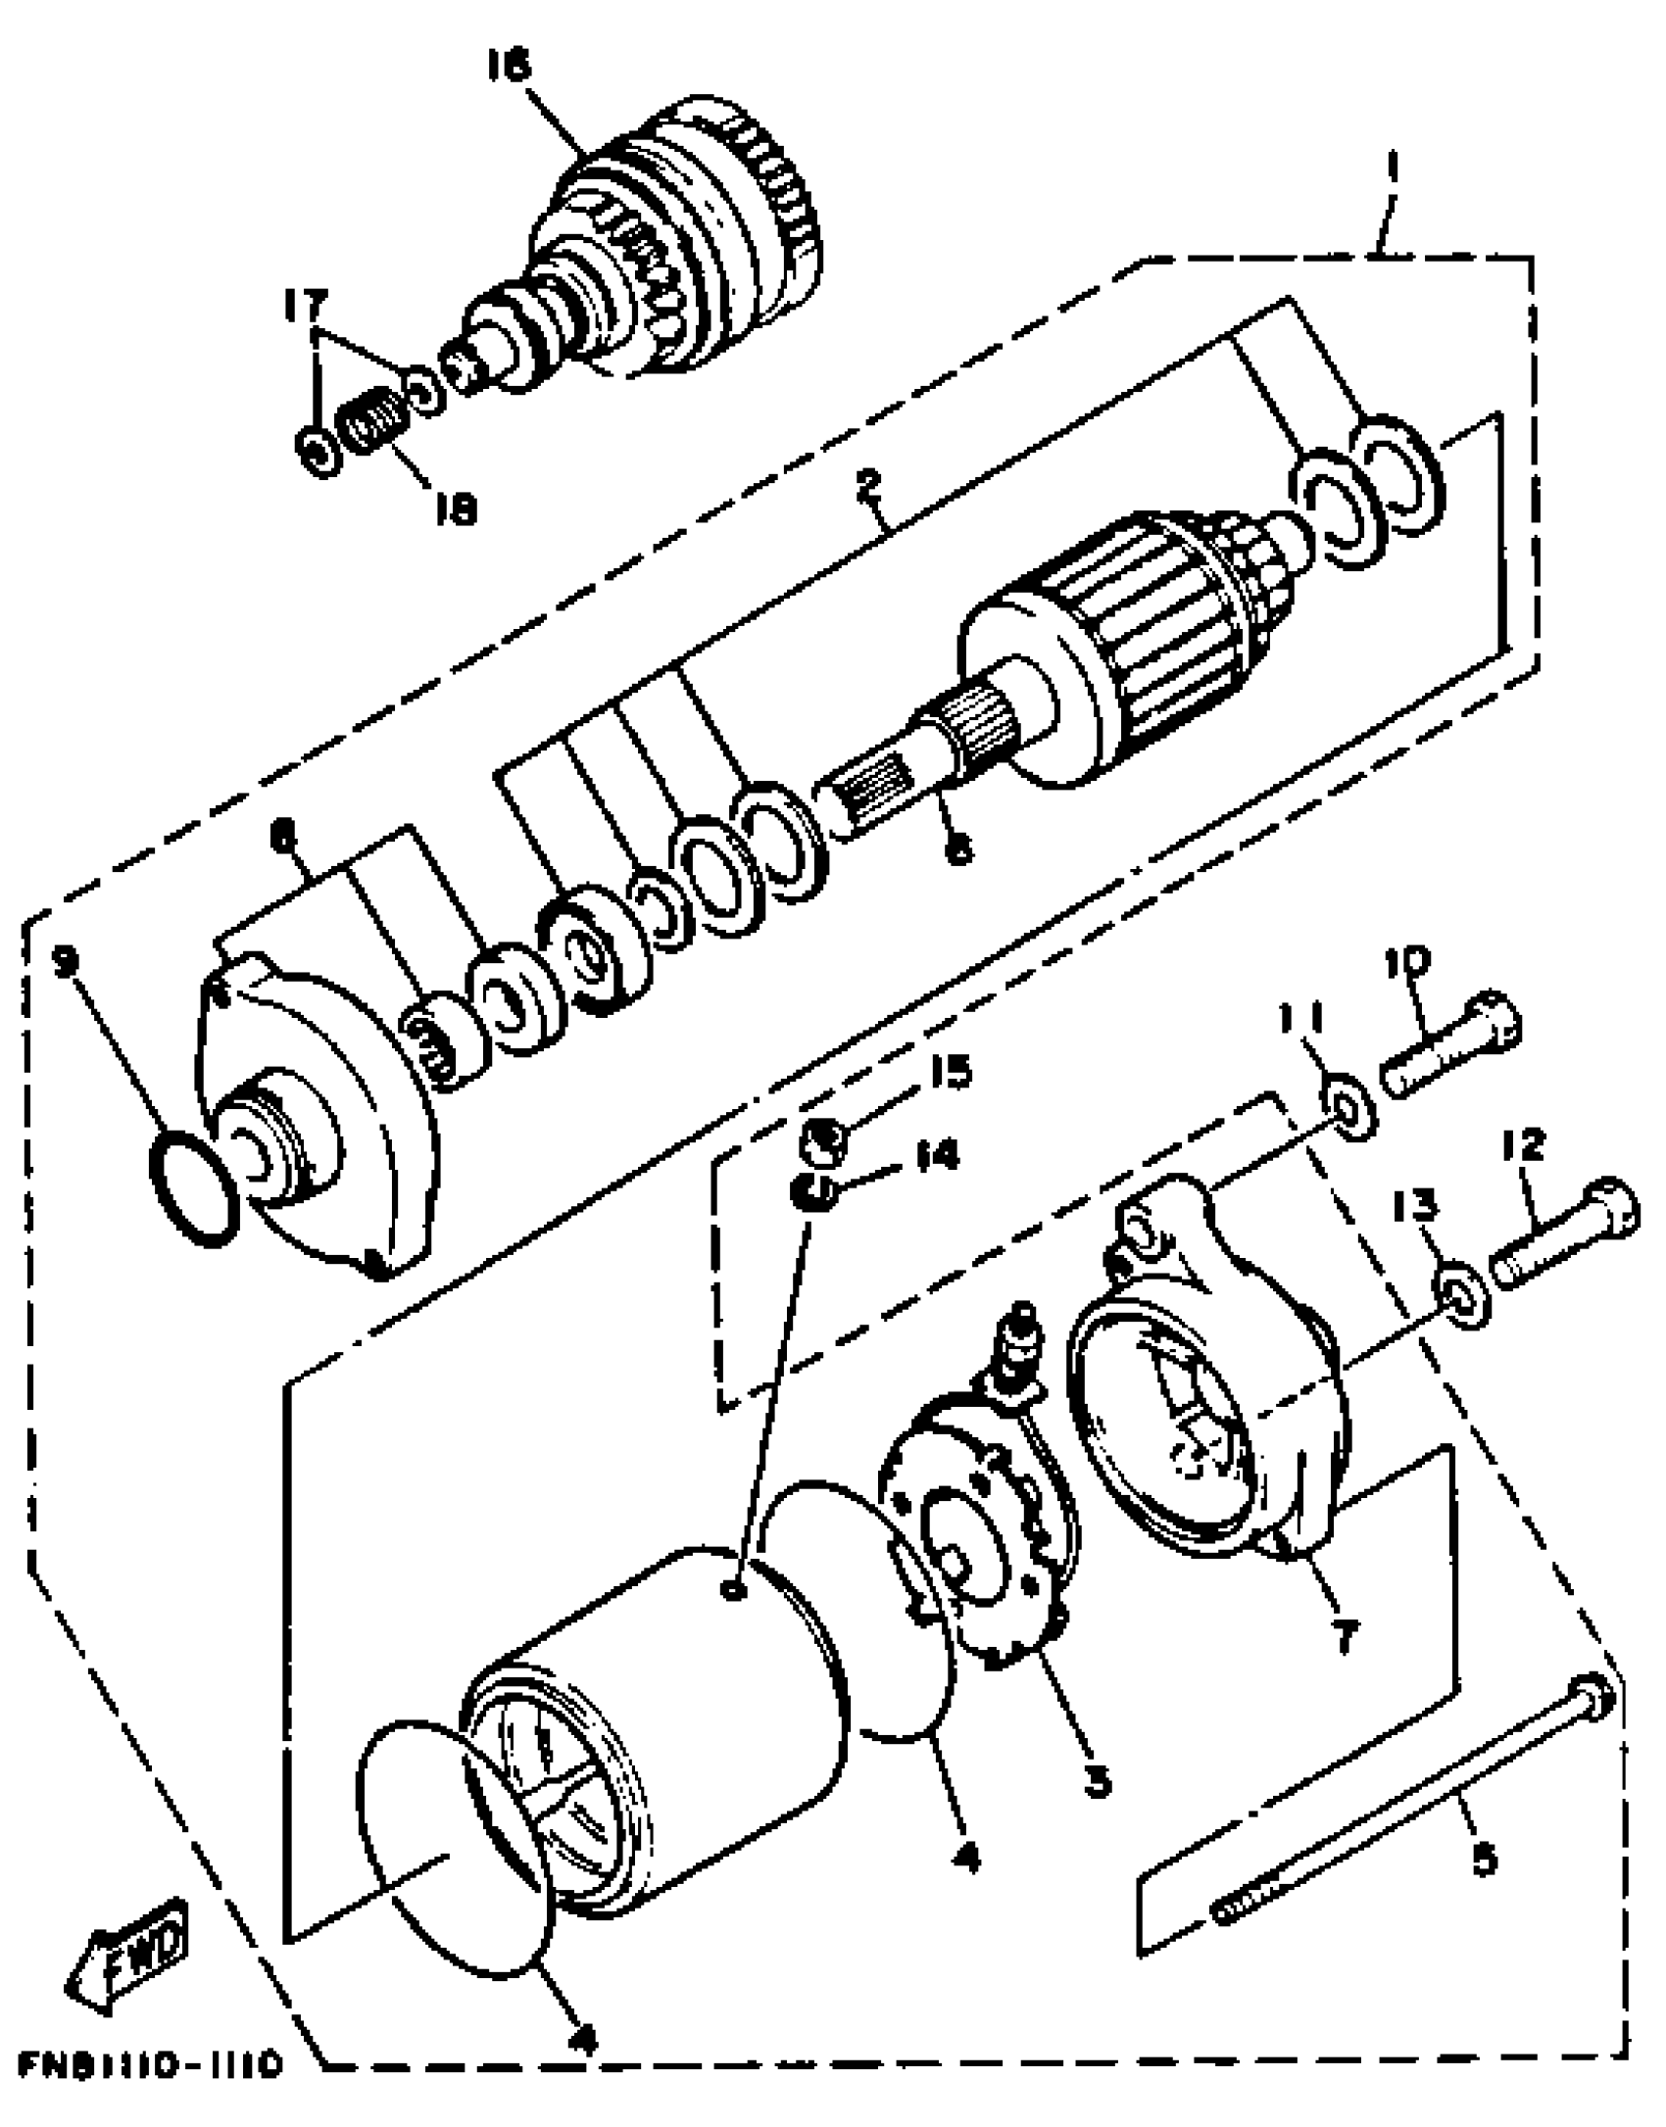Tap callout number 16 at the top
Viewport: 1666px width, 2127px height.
pyautogui.click(x=508, y=66)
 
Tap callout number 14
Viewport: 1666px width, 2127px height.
pyautogui.click(x=935, y=1156)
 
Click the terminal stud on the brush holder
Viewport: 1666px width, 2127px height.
pyautogui.click(x=1019, y=1337)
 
